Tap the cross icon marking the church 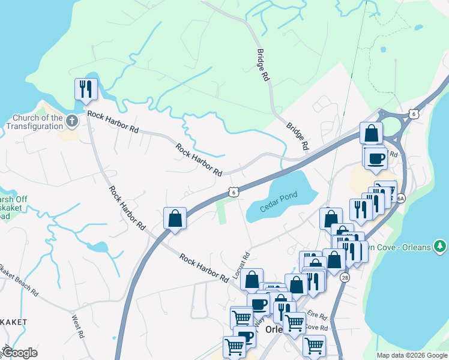72,121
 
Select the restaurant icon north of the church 85,89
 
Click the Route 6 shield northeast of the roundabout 413,113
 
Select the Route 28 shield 345,278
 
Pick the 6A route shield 400,198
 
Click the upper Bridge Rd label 263,65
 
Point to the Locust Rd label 246,264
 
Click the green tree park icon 440,246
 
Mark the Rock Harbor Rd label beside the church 113,122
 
